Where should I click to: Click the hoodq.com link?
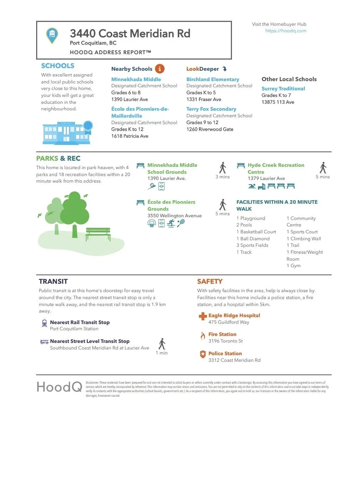[285, 31]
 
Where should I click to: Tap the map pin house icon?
[52, 35]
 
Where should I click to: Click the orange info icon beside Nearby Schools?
[159, 69]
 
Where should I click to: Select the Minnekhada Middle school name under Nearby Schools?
[136, 79]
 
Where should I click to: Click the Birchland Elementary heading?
[212, 79]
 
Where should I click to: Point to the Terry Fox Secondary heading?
[211, 109]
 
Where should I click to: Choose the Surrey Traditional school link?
[283, 88]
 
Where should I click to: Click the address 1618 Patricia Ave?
[130, 136]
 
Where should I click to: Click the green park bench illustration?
[98, 233]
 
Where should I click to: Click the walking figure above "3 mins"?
[223, 168]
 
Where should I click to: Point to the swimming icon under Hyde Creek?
[252, 186]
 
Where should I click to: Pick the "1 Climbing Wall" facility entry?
[304, 239]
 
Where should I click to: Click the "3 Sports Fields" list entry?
[252, 245]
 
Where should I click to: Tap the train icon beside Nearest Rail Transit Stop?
[44, 323]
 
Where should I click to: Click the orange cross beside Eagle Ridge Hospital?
[202, 316]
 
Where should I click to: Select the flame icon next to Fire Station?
[203, 336]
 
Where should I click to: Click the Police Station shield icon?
[203, 354]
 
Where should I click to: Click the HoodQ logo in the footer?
[59, 387]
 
